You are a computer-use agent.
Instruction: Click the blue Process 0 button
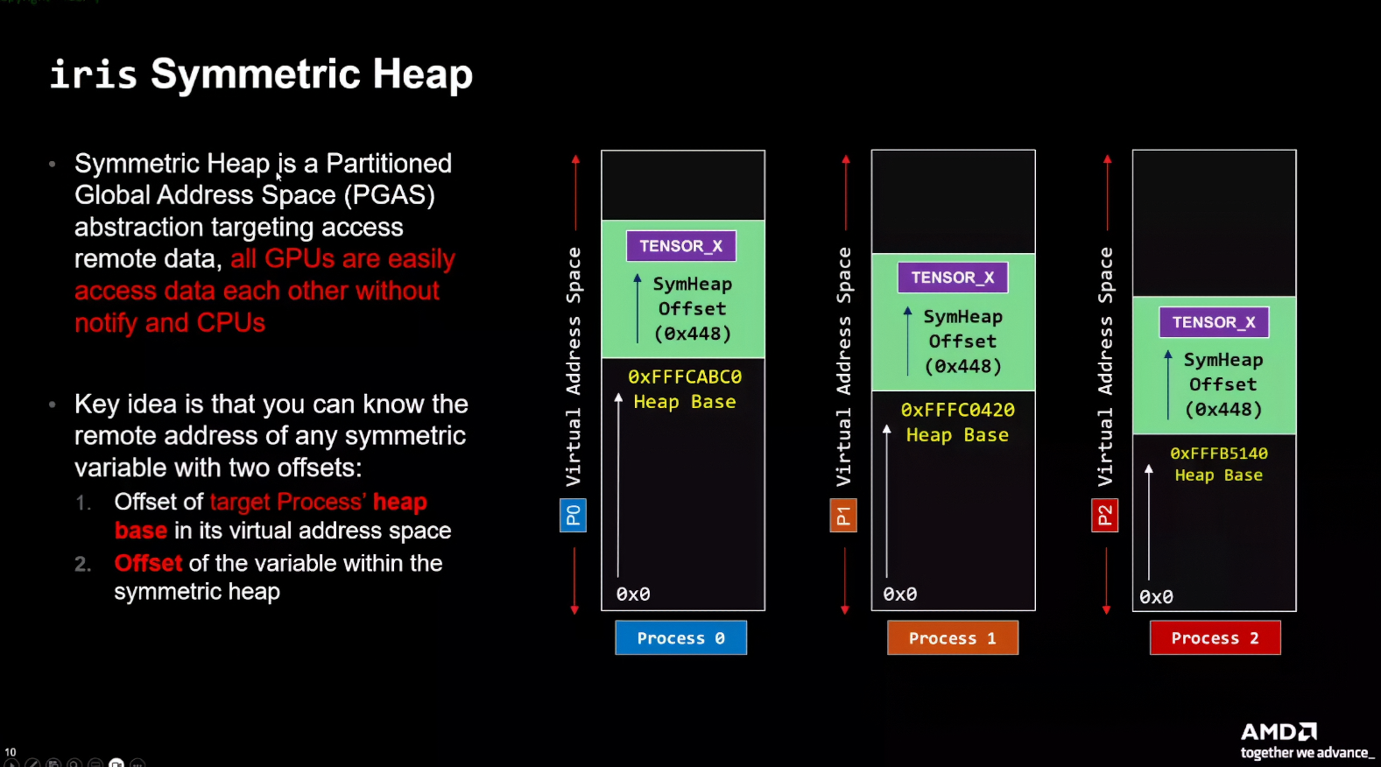point(680,638)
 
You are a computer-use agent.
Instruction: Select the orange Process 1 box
point(952,638)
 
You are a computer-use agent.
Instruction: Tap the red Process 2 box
point(1215,638)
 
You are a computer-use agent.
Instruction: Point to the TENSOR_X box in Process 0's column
point(680,246)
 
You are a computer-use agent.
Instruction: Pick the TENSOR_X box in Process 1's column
point(952,278)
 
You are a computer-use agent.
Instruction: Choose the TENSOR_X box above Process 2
point(1214,322)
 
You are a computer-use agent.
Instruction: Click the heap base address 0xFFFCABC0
point(684,376)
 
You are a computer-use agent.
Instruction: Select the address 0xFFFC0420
point(957,410)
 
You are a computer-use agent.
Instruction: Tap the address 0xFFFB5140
point(1218,454)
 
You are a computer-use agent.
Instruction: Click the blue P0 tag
point(573,515)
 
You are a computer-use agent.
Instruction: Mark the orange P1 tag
point(842,515)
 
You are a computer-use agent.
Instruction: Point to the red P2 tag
point(1104,515)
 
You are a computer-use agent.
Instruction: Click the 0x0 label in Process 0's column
point(632,595)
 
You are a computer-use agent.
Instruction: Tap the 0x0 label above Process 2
point(1155,597)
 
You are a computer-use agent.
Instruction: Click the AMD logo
point(1279,731)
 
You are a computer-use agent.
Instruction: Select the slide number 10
point(11,752)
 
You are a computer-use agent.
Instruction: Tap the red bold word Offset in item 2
point(148,563)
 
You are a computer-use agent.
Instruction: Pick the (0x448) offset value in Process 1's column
point(962,366)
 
